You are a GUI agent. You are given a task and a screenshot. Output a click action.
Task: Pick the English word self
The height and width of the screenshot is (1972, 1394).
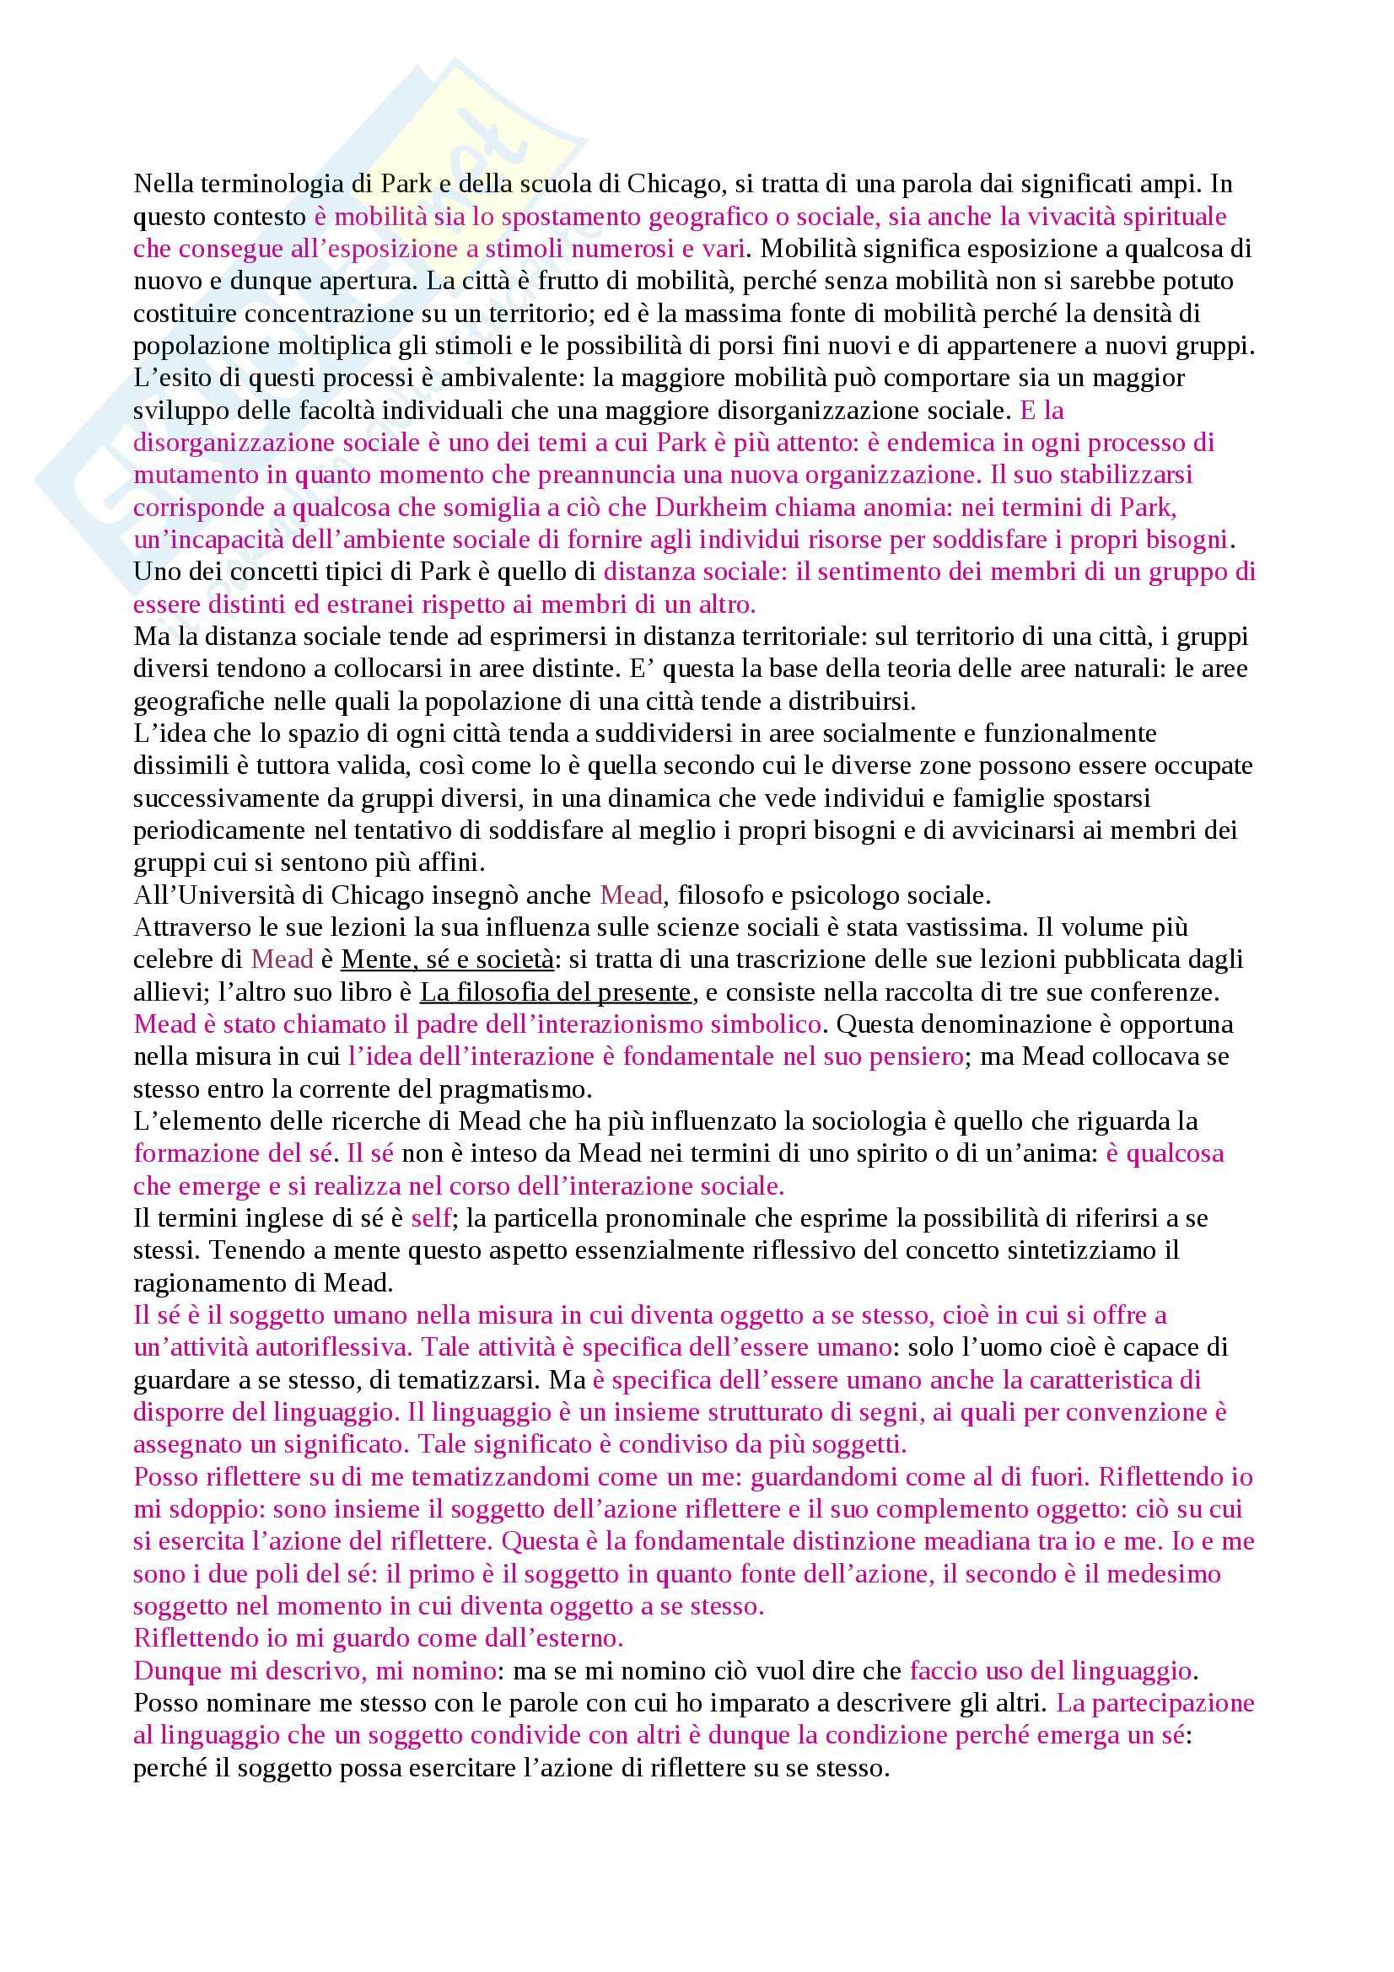430,1219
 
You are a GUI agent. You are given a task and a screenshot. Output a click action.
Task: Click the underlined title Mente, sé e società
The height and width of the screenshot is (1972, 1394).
448,960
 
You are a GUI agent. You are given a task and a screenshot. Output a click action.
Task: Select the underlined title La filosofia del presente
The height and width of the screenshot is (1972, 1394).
556,993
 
